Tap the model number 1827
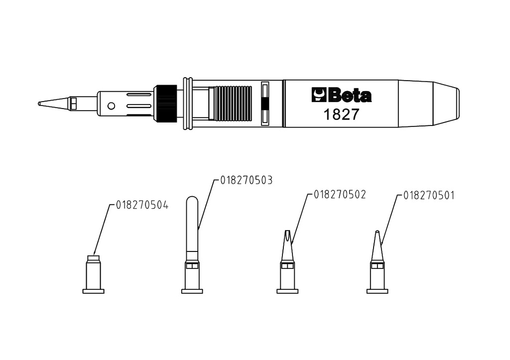tap(341, 115)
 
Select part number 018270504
tap(142, 205)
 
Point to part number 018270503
tap(246, 180)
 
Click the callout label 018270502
tap(340, 195)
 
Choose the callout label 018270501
tap(429, 196)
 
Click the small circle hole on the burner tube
tap(111, 106)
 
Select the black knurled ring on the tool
tap(166, 104)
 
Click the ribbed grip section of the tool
tap(231, 104)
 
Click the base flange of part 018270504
tap(93, 291)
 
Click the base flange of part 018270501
tap(378, 291)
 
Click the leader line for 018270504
tap(102, 230)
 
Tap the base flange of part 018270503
tap(192, 291)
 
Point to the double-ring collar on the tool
tap(188, 104)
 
